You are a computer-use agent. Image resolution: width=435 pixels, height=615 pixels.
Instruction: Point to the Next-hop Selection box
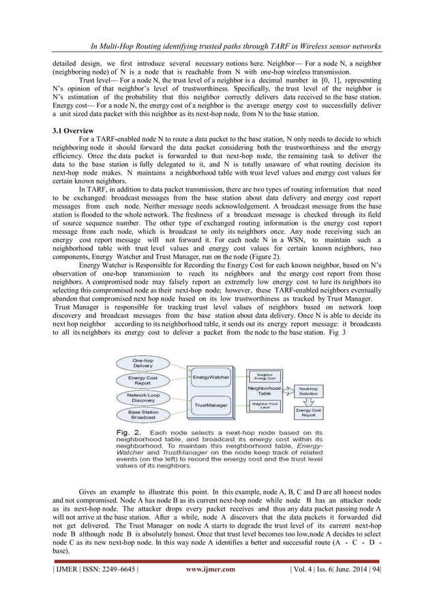(x=307, y=391)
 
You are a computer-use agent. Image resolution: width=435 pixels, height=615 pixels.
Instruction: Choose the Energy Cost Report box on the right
(x=307, y=412)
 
